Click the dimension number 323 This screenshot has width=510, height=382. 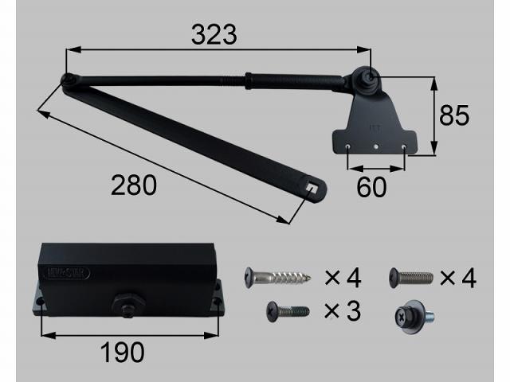(214, 34)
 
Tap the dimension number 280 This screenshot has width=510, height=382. (133, 185)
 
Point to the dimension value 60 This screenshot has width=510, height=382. (372, 188)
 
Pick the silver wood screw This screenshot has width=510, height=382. (279, 278)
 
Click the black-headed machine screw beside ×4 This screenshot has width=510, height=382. (411, 277)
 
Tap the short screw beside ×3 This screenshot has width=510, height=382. (286, 310)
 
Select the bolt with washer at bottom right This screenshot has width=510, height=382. (411, 314)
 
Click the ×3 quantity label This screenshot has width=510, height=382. (343, 311)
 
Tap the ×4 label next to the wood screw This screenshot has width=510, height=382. (343, 278)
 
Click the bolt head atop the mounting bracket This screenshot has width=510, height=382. (371, 78)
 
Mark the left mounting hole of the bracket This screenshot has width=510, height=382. (350, 146)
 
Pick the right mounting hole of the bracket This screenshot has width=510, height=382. (405, 146)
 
